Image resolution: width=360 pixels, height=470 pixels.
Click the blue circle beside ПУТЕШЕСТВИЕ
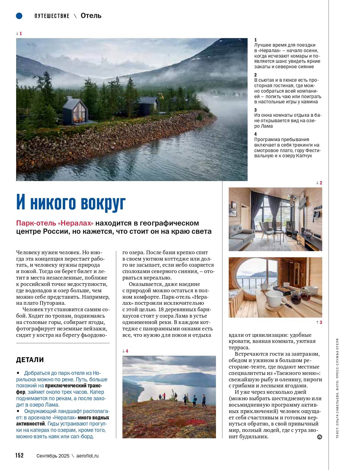click(x=19, y=16)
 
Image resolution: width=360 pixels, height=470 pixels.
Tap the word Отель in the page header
click(x=91, y=16)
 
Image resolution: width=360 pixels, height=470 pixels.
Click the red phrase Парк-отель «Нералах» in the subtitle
click(x=55, y=223)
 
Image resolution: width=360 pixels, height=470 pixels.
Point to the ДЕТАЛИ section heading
click(x=30, y=360)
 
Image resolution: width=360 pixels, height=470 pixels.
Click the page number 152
click(x=19, y=456)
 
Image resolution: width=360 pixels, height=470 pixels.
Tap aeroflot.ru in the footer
click(x=87, y=456)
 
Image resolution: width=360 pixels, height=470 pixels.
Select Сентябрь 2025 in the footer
click(x=53, y=456)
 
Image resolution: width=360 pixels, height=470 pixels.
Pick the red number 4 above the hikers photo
click(x=127, y=351)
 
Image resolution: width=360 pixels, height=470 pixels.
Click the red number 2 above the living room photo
click(x=321, y=183)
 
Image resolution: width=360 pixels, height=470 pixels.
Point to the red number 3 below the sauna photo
click(x=321, y=322)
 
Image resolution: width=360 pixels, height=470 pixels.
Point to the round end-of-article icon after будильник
click(x=319, y=437)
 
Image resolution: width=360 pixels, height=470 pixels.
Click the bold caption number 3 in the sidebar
click(x=256, y=110)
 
